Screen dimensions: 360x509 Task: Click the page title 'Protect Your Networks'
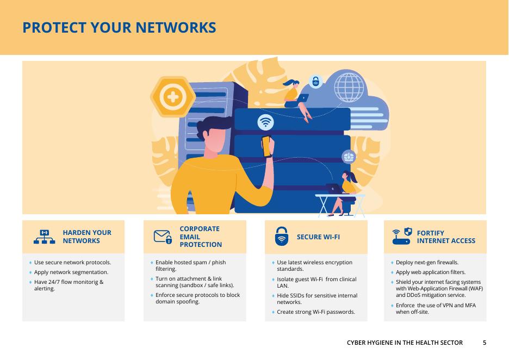click(119, 28)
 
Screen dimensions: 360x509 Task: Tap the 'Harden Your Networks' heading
click(87, 237)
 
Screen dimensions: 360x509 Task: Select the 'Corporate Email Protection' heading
click(201, 237)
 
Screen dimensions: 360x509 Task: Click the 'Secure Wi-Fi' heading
click(318, 237)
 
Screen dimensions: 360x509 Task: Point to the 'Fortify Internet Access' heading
click(446, 237)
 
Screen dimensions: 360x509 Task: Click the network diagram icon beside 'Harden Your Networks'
click(45, 237)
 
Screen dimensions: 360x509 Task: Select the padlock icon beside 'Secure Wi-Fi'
click(281, 237)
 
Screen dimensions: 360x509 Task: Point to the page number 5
click(485, 343)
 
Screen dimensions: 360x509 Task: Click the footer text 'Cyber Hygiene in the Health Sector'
click(405, 343)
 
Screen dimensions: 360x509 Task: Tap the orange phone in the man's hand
click(266, 146)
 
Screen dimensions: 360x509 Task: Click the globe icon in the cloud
click(349, 87)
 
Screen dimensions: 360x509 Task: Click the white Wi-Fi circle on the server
click(265, 122)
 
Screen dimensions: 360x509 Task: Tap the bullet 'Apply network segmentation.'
click(71, 272)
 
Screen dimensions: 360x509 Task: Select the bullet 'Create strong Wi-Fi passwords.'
click(316, 312)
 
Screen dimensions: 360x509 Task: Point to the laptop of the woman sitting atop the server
click(302, 98)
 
